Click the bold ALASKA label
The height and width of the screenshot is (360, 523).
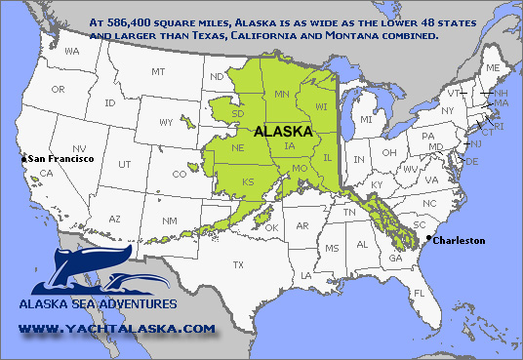click(x=283, y=130)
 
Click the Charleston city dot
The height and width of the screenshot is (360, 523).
click(x=429, y=237)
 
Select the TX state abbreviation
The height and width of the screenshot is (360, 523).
click(x=237, y=264)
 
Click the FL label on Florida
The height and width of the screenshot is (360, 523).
click(x=418, y=293)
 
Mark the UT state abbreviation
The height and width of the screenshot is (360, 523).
click(x=124, y=164)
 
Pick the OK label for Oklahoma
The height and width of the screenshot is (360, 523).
click(x=271, y=227)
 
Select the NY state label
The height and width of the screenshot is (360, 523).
click(x=447, y=110)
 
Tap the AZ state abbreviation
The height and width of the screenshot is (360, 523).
click(x=114, y=220)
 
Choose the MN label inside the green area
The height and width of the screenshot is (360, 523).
click(x=281, y=94)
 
